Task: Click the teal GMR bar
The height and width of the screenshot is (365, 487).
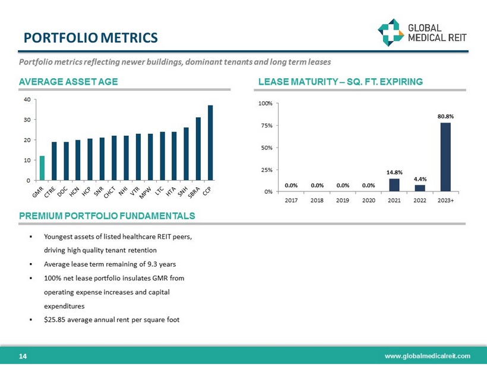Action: tap(42, 168)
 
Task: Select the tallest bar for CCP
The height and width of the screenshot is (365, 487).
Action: tap(210, 143)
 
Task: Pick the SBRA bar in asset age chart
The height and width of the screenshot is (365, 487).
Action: tap(198, 149)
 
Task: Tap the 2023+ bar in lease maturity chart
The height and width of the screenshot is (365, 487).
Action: tap(445, 157)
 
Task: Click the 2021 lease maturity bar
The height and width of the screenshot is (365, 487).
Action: tap(394, 185)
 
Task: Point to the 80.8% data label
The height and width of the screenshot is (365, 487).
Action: tap(445, 117)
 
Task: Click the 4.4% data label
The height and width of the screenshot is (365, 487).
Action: tap(420, 179)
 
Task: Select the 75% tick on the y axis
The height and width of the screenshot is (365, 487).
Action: tap(265, 126)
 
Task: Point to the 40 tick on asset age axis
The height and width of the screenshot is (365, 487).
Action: tap(27, 100)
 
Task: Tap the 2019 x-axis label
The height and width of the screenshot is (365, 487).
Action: tap(343, 200)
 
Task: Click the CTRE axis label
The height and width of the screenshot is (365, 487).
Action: tap(50, 192)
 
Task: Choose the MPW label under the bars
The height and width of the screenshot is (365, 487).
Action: tap(145, 193)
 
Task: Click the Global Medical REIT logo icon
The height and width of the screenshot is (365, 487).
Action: tap(391, 33)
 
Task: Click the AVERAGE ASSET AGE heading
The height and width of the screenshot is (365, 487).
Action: tap(68, 82)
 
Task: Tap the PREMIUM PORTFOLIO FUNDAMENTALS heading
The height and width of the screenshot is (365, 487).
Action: tap(107, 216)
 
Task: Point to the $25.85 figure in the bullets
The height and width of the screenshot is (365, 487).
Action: tap(55, 319)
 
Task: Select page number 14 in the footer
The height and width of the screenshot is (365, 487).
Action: tap(23, 356)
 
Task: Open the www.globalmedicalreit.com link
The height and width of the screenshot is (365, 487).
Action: tap(428, 356)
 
